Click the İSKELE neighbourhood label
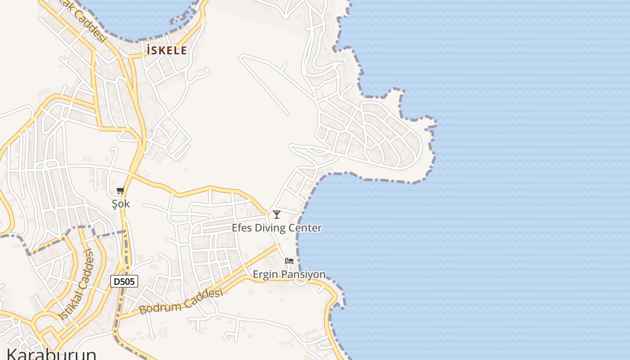coord(166,50)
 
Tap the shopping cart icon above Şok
coord(120,191)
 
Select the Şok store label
coord(121,204)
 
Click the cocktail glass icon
coord(277,215)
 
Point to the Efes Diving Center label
coord(277,228)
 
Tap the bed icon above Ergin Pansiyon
coord(289,261)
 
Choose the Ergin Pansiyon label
coord(289,274)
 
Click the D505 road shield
coord(124,282)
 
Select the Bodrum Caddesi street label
coord(181,301)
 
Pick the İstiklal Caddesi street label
coord(77,284)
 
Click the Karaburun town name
coord(51,354)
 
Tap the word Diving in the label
coord(270,228)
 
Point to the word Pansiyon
coord(304,274)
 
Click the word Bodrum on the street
coord(160,307)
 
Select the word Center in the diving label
coord(306,228)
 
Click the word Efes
coord(242,228)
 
